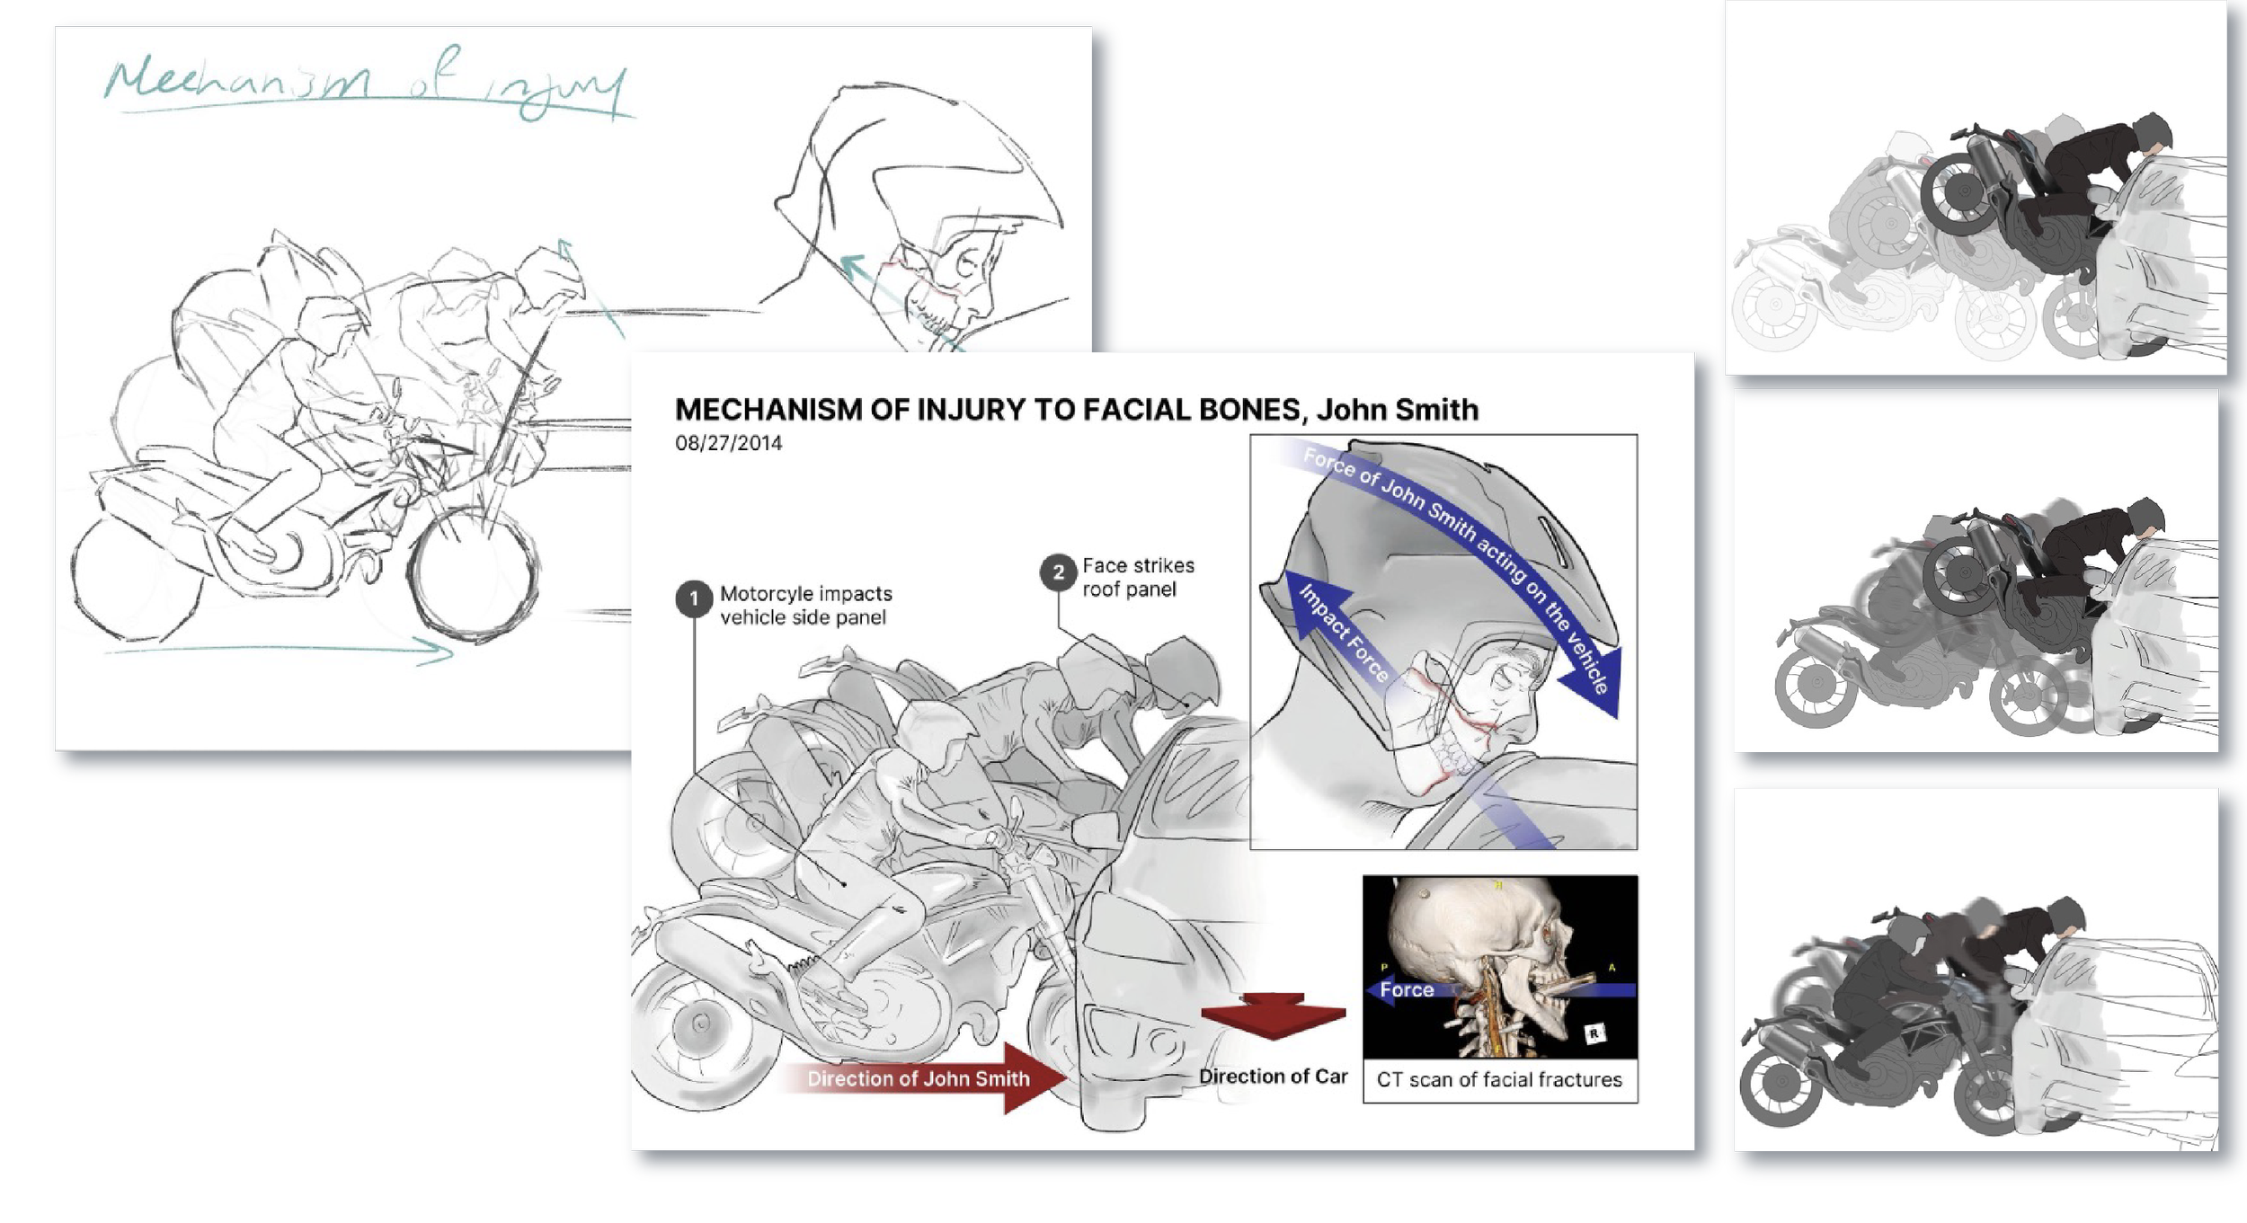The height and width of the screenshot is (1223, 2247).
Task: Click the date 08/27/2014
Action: click(728, 443)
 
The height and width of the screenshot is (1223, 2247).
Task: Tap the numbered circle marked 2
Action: click(1058, 572)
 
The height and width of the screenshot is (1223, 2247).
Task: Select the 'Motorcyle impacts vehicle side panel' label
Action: click(805, 606)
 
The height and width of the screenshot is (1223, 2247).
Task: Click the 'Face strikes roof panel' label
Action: click(1138, 577)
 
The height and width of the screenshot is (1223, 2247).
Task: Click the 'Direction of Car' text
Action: click(1273, 1077)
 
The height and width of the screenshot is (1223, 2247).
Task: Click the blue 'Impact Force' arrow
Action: click(1339, 629)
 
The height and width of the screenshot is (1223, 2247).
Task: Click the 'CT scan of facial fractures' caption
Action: click(1499, 1079)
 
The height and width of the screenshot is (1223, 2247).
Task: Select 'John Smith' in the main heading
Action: click(1397, 410)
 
